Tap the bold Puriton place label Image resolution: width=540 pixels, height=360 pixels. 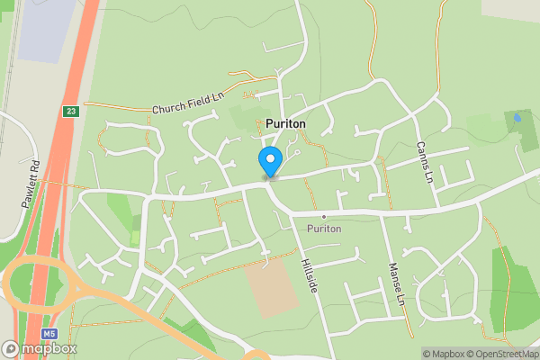pyautogui.click(x=285, y=123)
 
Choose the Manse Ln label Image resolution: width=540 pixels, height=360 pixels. pyautogui.click(x=393, y=283)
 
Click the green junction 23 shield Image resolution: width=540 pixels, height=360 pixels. pyautogui.click(x=71, y=112)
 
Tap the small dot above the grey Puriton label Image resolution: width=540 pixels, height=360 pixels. pyautogui.click(x=323, y=218)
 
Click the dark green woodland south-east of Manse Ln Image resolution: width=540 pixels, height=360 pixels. pyautogui.click(x=514, y=288)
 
